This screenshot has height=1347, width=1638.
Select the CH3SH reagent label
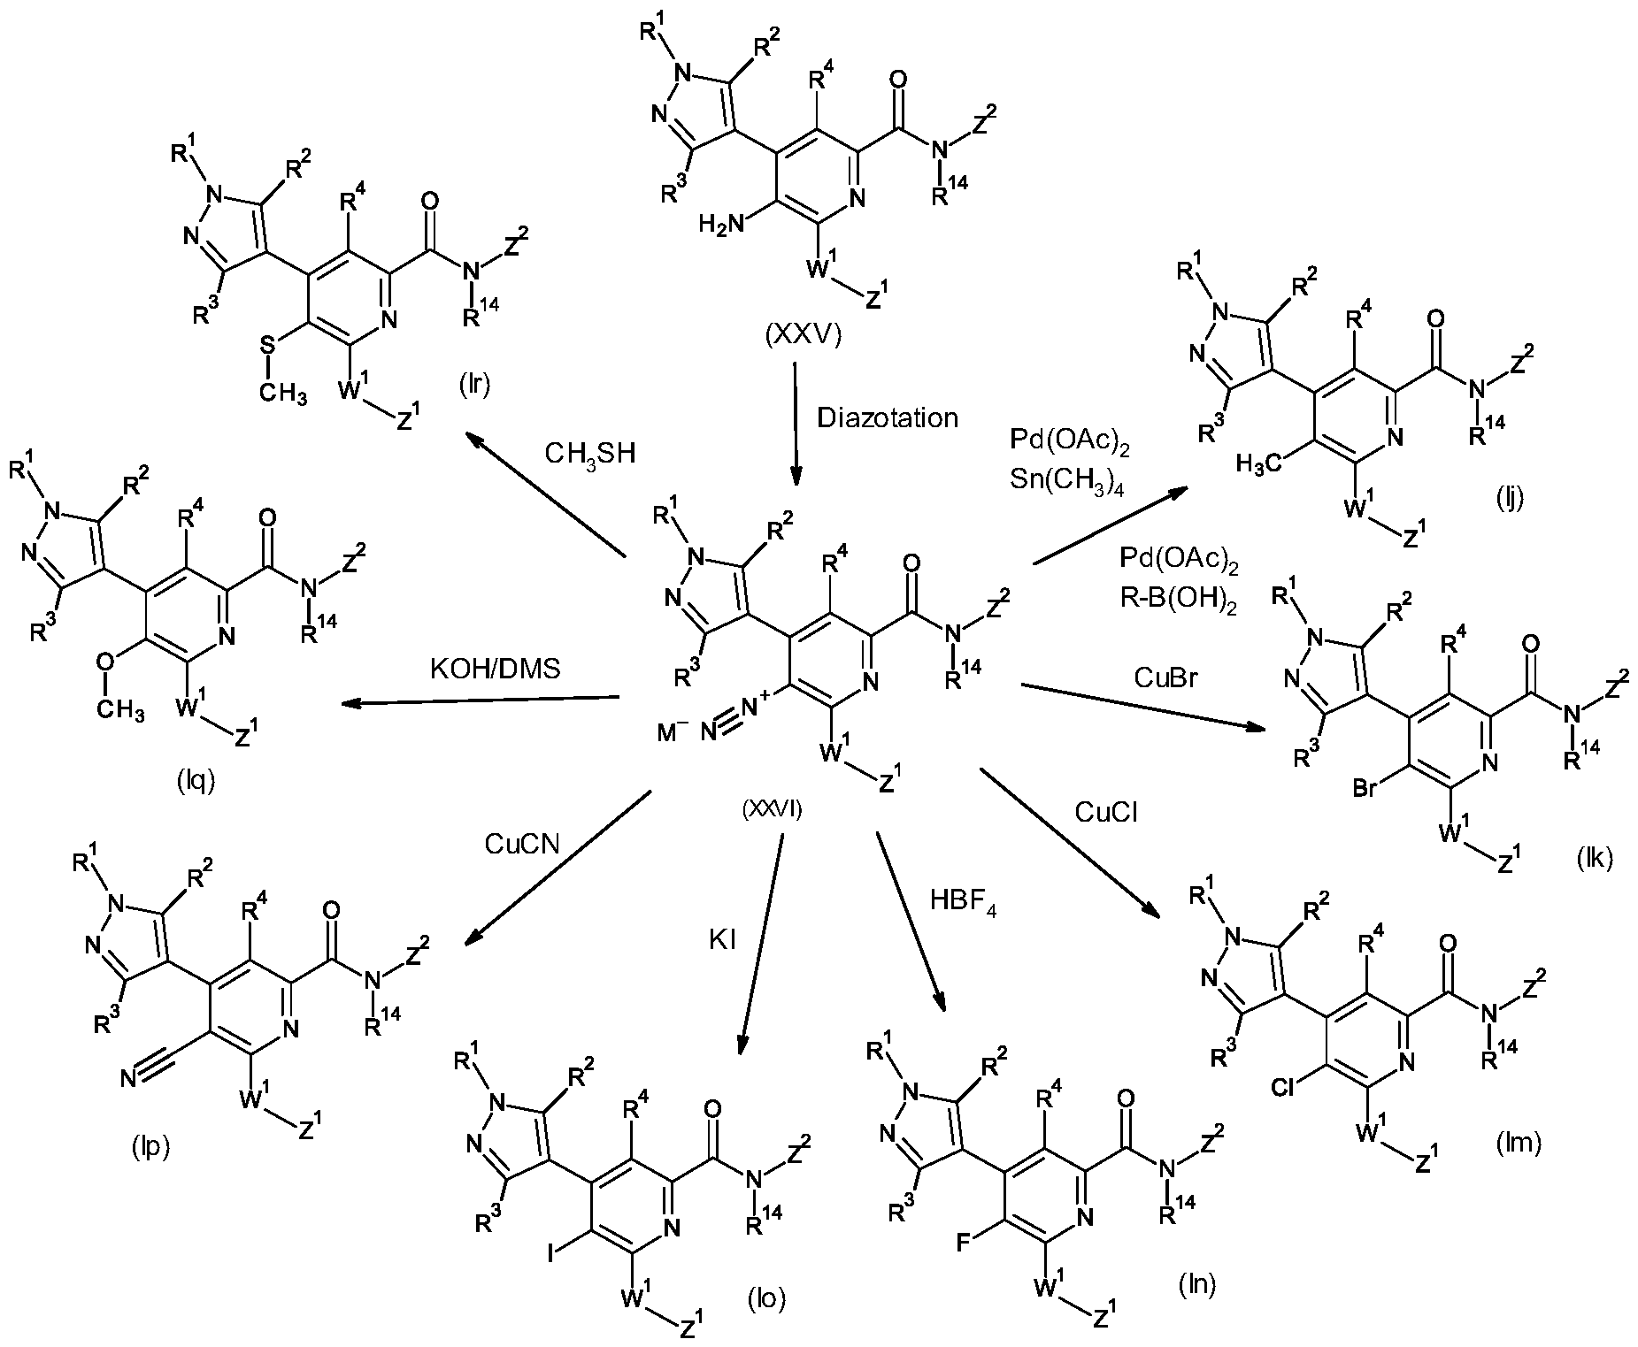click(x=591, y=454)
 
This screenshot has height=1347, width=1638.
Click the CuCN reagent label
click(x=521, y=844)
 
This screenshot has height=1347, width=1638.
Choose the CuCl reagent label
click(x=1106, y=811)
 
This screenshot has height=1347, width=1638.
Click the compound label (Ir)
click(x=474, y=386)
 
